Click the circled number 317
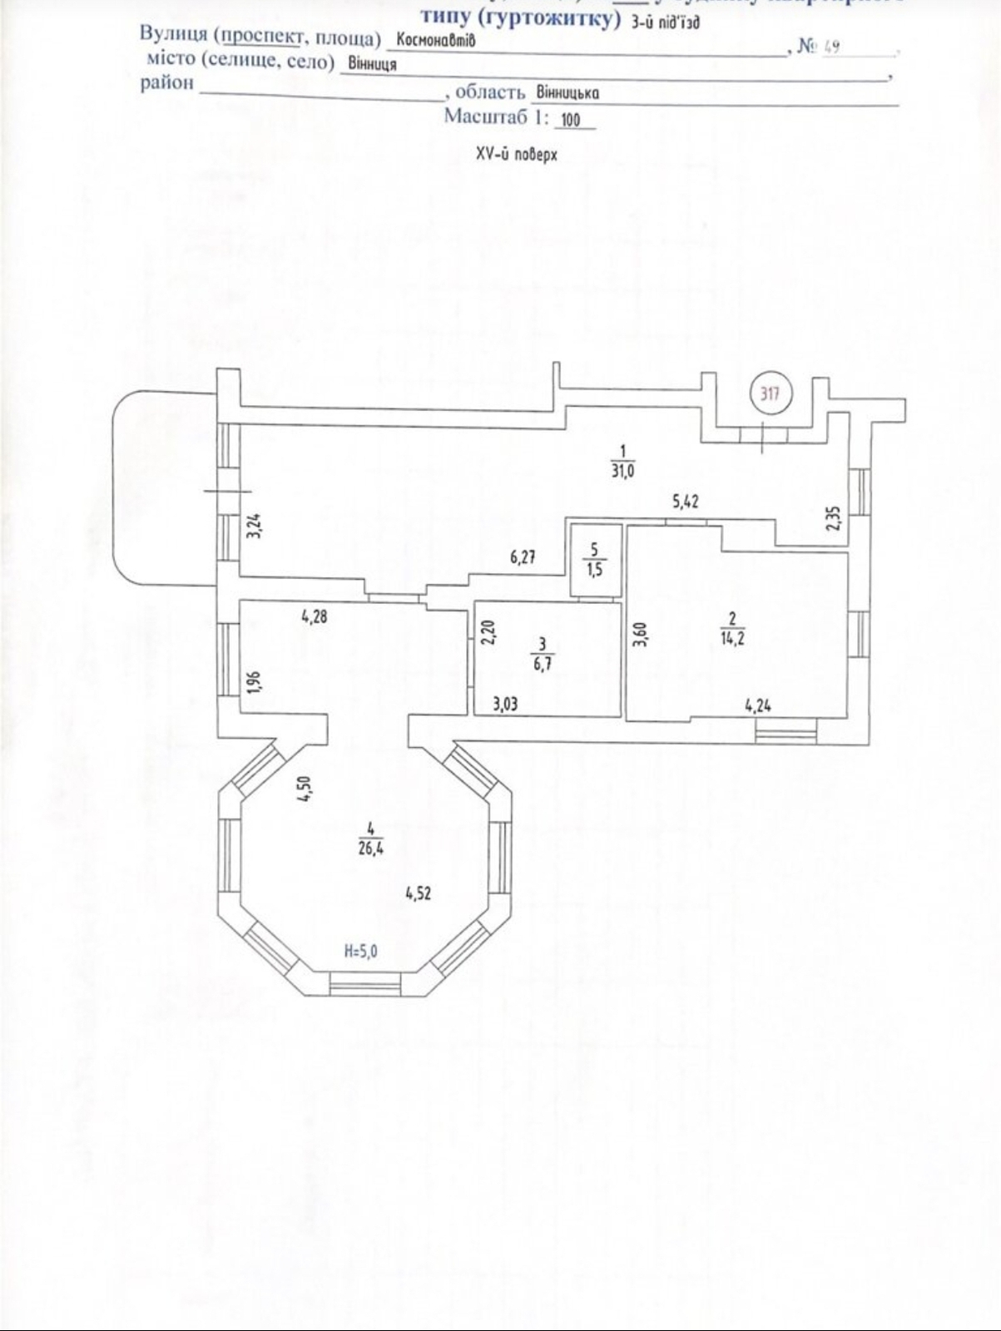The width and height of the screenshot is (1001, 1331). coord(771,393)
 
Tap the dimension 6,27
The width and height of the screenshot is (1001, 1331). coord(523,557)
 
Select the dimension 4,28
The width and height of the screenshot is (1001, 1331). coord(315,616)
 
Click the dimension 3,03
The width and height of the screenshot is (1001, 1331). coord(505,705)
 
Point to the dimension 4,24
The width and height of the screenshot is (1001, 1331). coord(757,706)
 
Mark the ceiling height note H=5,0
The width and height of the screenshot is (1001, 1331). coord(360,952)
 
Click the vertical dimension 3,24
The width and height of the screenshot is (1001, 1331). coord(255,527)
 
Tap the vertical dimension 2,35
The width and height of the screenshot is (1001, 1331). coord(832,519)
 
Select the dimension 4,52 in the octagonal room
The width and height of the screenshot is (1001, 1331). coord(419,893)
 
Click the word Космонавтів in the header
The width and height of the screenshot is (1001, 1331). coord(436,39)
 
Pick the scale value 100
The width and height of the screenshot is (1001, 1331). coord(570,120)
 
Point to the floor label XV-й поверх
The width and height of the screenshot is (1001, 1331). coord(517,155)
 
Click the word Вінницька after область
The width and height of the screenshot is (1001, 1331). coord(567,92)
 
